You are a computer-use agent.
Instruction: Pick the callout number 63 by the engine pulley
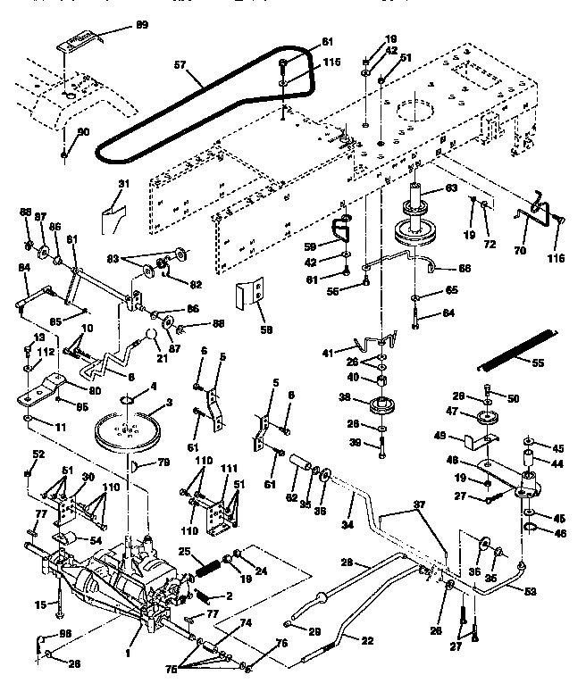(x=451, y=189)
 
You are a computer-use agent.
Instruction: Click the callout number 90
(x=83, y=132)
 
